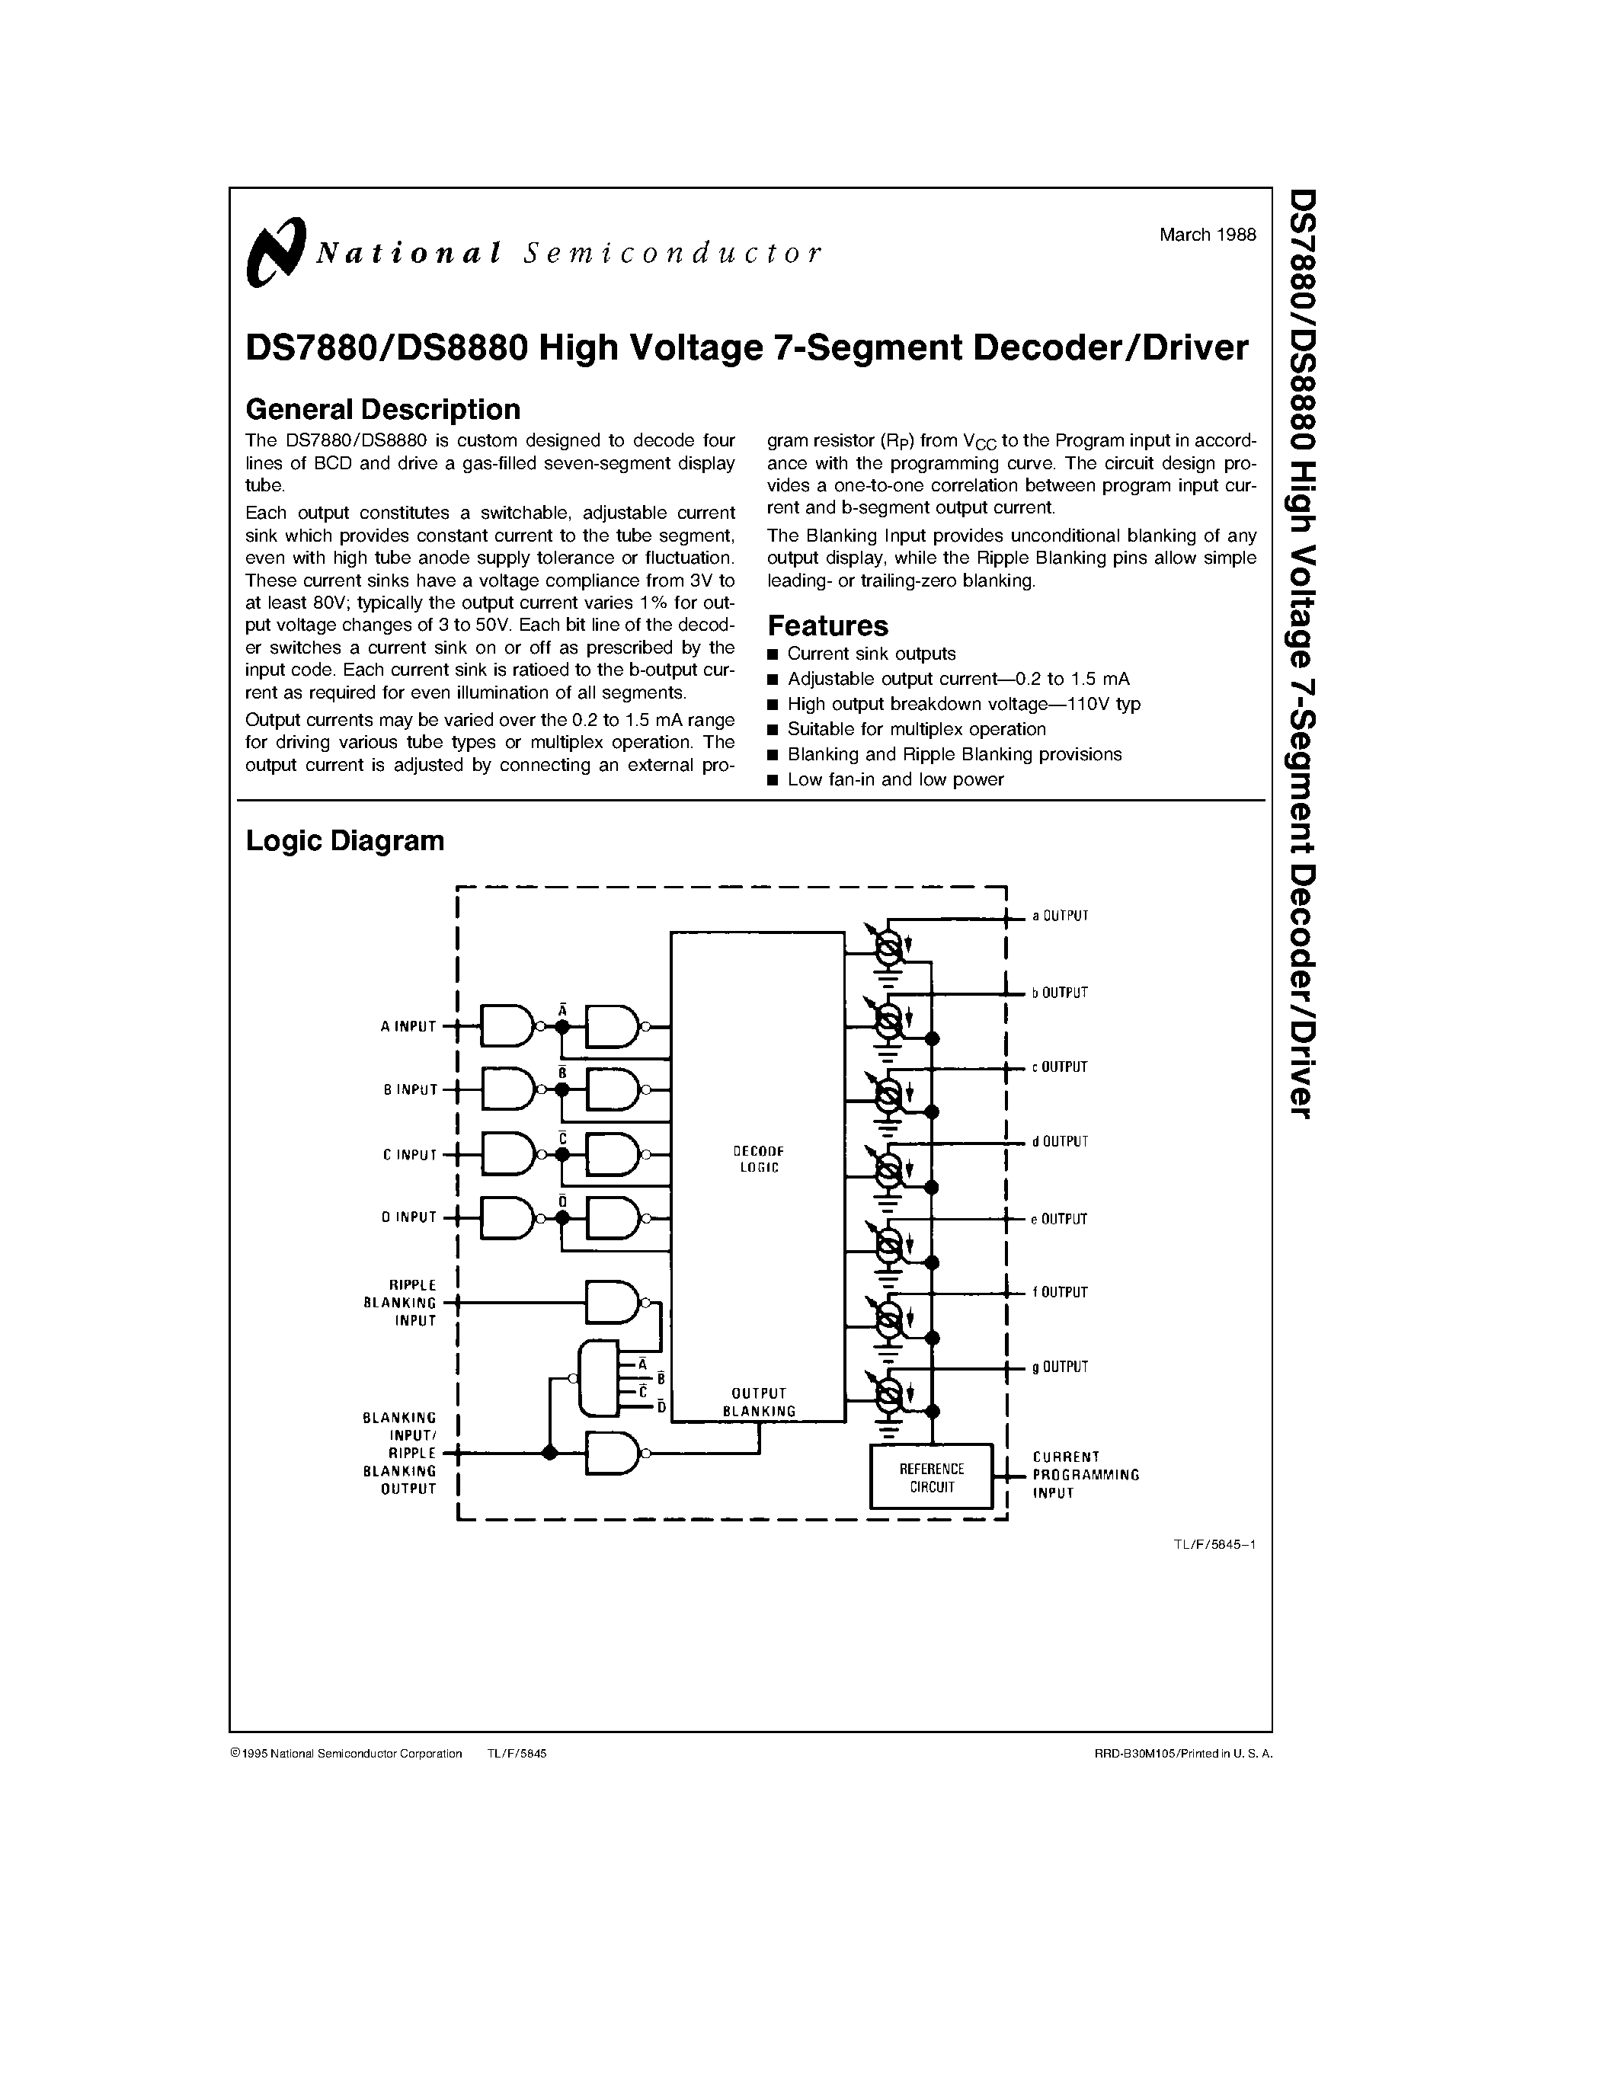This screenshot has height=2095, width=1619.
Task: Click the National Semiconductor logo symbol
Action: pos(275,252)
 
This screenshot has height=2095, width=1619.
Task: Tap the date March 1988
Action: pos(1207,235)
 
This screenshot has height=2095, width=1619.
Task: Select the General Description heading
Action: pos(382,410)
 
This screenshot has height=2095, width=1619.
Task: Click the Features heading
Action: pos(827,625)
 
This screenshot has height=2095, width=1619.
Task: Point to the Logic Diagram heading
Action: pos(344,840)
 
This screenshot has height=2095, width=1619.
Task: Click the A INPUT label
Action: pos(408,1026)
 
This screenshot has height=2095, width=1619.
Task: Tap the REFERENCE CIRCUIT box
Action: pos(930,1478)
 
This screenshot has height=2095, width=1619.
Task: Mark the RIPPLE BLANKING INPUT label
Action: pos(400,1303)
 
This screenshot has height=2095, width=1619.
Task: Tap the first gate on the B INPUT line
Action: pos(508,1089)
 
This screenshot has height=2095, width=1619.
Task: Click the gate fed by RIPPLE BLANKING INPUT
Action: pos(613,1303)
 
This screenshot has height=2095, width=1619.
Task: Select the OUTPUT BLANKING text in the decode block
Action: pos(759,1403)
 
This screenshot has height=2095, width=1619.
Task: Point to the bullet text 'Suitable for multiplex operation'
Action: pos(916,729)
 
